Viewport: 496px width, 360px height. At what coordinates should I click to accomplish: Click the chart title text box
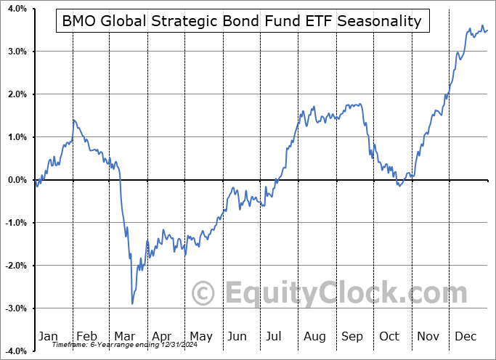point(242,21)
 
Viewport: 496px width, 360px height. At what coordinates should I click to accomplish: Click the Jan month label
point(47,337)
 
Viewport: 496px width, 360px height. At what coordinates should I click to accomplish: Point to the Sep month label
point(354,337)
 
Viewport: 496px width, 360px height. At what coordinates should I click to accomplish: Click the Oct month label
point(390,337)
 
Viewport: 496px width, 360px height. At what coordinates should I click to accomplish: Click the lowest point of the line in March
point(132,303)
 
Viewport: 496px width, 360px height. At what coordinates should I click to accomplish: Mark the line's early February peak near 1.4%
point(73,120)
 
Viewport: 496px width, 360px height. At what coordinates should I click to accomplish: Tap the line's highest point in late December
point(482,26)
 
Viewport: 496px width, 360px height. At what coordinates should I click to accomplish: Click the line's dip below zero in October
point(399,186)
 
